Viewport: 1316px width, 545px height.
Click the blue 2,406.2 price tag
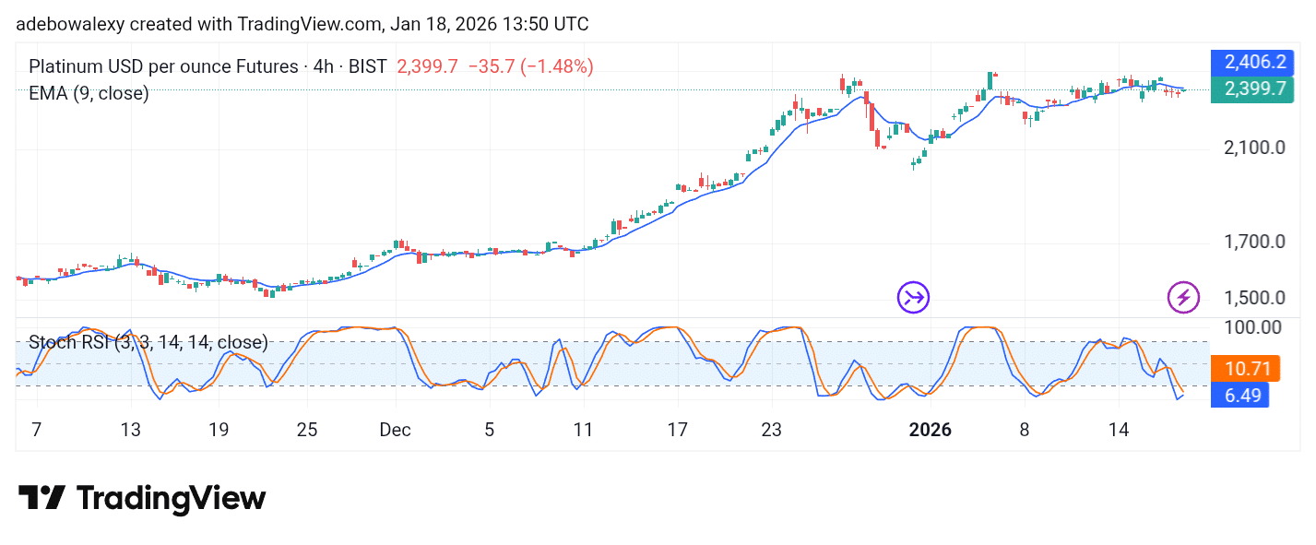tap(1253, 63)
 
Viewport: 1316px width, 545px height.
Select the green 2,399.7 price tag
tap(1253, 89)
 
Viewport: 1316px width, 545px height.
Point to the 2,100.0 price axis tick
tap(1254, 148)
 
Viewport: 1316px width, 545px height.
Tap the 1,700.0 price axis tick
tap(1254, 243)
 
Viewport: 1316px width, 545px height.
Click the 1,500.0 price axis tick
tap(1254, 298)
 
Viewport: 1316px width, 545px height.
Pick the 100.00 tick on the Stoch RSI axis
tap(1251, 327)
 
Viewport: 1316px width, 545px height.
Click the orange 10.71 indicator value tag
tap(1246, 370)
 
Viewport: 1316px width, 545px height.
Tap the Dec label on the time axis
tap(395, 430)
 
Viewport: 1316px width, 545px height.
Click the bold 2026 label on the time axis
tap(931, 430)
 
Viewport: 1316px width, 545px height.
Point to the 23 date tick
tap(771, 430)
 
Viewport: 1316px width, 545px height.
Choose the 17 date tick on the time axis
tap(678, 430)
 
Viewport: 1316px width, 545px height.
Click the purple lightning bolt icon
tap(1183, 297)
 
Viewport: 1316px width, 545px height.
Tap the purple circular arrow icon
tap(914, 297)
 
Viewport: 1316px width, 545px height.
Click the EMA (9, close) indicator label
tap(89, 93)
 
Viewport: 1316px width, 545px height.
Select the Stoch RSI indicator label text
tap(148, 343)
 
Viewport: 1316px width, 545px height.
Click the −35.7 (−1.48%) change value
tap(531, 66)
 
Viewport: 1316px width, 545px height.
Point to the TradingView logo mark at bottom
tap(41, 499)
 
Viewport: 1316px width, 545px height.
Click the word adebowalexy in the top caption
tap(62, 24)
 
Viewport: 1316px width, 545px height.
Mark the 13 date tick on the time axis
tap(130, 430)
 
